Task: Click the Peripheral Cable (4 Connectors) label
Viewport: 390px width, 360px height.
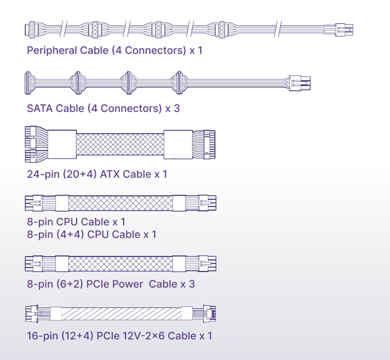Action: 114,50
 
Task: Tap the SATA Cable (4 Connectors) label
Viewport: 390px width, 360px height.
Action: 103,108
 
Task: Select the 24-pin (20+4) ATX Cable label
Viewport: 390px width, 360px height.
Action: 98,173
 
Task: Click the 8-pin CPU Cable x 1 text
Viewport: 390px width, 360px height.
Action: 76,221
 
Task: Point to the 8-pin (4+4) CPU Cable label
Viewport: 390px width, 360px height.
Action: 92,234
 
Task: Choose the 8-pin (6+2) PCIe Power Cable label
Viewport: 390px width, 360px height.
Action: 111,284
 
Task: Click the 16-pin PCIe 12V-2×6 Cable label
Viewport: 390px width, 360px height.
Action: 119,336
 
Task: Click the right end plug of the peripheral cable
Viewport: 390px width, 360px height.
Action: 344,30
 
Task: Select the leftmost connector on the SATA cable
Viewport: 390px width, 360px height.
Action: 27,82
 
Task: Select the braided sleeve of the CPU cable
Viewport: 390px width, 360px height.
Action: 121,203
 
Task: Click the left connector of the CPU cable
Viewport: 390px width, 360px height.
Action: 33,203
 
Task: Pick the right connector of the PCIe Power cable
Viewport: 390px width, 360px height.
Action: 207,264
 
